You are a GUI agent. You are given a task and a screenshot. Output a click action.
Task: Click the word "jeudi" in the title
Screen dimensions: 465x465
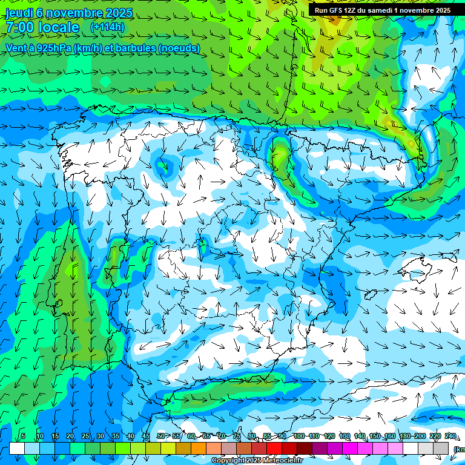point(19,13)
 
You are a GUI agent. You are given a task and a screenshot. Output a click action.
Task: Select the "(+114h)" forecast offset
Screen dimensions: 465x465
point(107,27)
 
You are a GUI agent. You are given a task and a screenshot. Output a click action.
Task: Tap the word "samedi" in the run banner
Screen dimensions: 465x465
point(383,10)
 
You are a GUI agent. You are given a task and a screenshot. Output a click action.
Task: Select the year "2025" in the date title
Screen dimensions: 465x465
point(119,13)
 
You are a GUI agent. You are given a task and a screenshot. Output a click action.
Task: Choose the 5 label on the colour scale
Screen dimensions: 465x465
point(23,436)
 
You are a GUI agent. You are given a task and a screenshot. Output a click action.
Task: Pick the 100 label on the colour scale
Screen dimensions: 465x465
point(298,436)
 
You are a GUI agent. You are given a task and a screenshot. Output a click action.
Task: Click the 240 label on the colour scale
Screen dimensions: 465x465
point(450,436)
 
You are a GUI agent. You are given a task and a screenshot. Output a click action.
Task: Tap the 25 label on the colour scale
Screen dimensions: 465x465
point(85,436)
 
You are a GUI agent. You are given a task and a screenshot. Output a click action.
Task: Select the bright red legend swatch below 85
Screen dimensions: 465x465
point(274,448)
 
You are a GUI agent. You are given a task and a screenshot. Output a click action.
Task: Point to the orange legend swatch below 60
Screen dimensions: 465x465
point(199,448)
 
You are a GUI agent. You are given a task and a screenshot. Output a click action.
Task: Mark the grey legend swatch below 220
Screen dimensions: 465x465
point(441,448)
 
